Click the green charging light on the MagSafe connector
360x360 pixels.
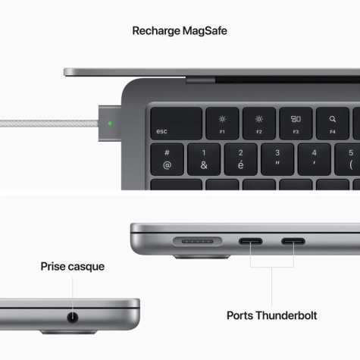(x=110, y=124)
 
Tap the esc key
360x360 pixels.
(x=177, y=124)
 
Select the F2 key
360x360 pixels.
(x=259, y=124)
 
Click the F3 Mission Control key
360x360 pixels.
(x=296, y=124)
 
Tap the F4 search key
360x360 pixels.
(x=333, y=124)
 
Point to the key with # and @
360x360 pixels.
(x=167, y=159)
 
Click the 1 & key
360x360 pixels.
(x=204, y=159)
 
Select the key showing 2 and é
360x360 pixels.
(x=241, y=159)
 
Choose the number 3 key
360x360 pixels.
(x=277, y=159)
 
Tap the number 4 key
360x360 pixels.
(x=315, y=159)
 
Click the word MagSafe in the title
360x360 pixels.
(x=205, y=31)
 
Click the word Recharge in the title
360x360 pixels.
(x=156, y=31)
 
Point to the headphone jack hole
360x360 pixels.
(x=73, y=318)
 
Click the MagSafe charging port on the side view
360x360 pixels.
(x=198, y=242)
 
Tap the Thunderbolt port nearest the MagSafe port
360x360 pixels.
(x=251, y=242)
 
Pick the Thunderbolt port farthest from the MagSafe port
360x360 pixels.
(x=293, y=242)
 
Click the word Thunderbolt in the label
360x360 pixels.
(x=286, y=315)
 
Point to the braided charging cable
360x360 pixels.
(x=49, y=124)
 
